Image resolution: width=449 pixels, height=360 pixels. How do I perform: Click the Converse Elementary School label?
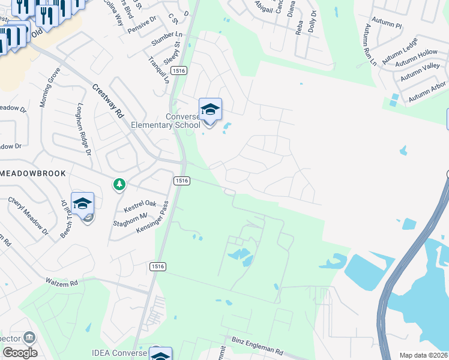166,121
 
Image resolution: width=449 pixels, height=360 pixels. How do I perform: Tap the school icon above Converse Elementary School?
210,109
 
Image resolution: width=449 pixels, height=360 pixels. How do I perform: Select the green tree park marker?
120,184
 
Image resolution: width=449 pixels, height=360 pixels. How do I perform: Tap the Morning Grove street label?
50,88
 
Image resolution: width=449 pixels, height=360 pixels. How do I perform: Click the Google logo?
19,353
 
